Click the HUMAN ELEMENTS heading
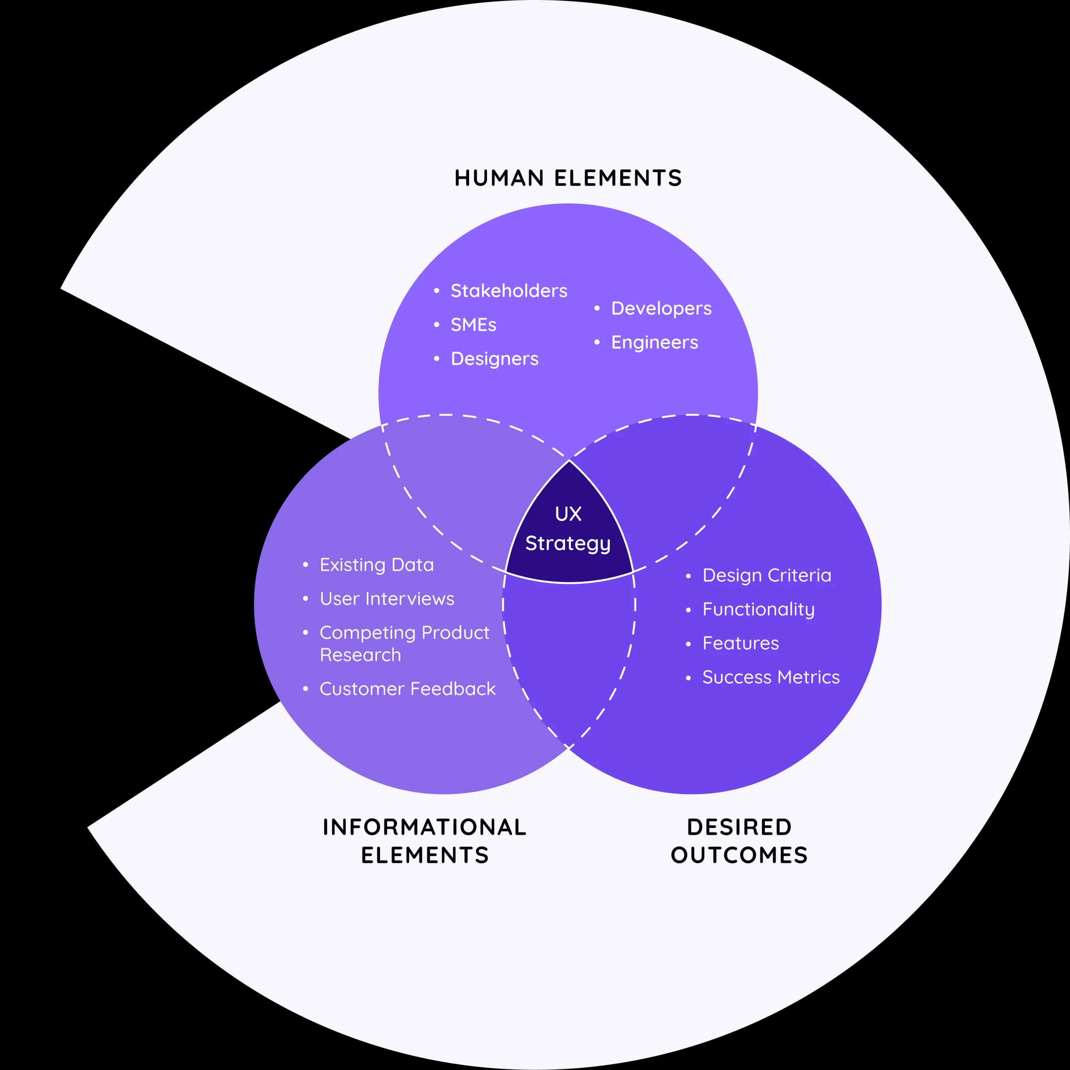568,178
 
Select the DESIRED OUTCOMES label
739,841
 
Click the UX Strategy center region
568,529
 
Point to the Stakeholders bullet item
508,291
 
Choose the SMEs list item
473,325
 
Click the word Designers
494,359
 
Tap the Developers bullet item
661,309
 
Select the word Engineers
654,342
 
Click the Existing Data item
377,565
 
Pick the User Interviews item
387,599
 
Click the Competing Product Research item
404,643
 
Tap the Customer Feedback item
407,689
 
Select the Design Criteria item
766,576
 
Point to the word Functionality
758,609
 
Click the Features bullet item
741,643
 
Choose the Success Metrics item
770,677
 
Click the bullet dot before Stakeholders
436,291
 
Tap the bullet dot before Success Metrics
688,678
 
